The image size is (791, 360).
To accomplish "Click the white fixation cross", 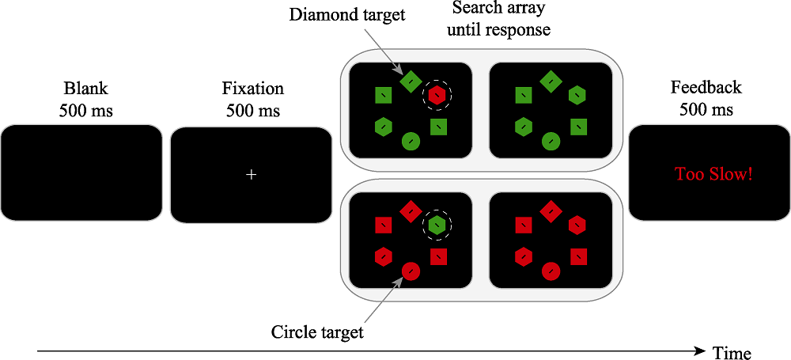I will tap(252, 174).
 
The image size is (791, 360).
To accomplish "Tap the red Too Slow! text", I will tap(713, 174).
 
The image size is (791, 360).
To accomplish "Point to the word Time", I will tap(732, 352).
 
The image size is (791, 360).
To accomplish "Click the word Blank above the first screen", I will tap(85, 89).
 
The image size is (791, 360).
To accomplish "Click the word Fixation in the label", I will tap(252, 89).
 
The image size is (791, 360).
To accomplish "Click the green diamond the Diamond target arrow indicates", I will tap(411, 80).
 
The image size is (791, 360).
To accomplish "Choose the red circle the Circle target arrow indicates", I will tap(411, 272).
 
